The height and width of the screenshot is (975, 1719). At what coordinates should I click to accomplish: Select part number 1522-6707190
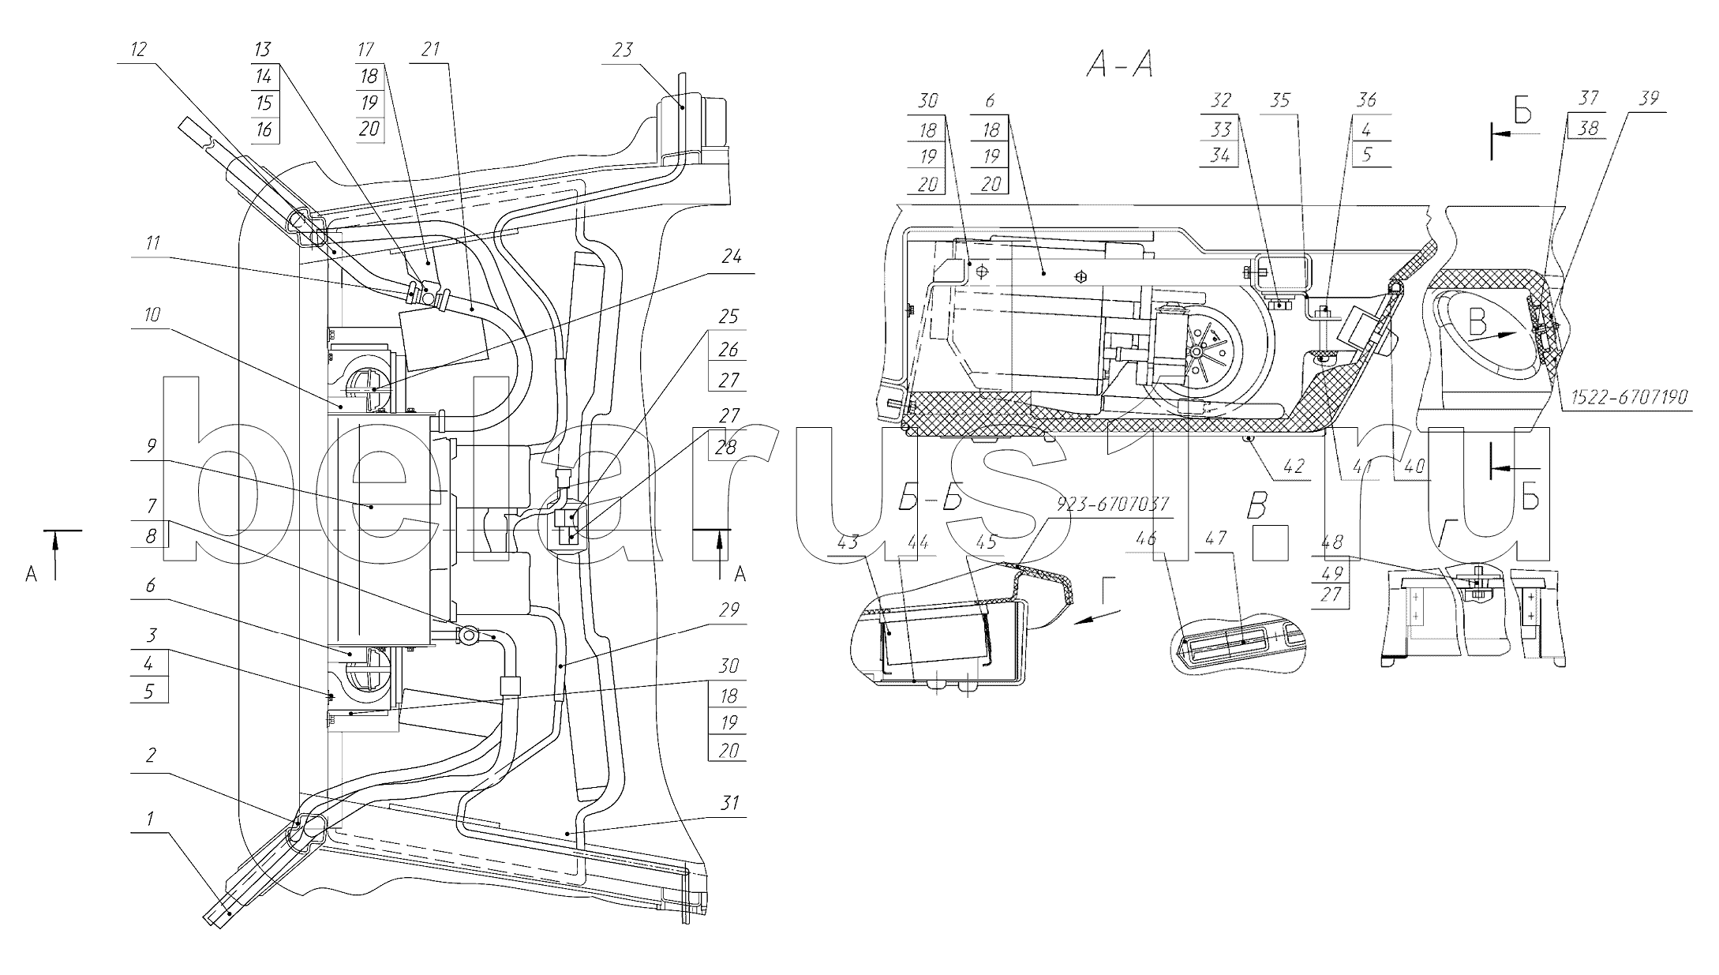(1628, 397)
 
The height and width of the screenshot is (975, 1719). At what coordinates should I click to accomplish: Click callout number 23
(623, 51)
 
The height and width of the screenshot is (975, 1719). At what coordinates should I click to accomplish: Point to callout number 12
(138, 50)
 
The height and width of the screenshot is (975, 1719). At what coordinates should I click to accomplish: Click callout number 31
(731, 803)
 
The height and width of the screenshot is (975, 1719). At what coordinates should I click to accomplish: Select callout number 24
(732, 257)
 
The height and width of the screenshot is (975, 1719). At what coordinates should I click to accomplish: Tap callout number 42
(1293, 467)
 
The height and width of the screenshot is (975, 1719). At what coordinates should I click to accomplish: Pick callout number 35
(1280, 100)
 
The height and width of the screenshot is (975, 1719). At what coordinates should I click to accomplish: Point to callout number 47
(1216, 538)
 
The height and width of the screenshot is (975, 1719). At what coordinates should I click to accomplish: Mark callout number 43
(846, 544)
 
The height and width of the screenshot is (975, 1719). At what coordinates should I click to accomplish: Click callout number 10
(152, 316)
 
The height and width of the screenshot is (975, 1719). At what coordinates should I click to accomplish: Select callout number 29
(729, 610)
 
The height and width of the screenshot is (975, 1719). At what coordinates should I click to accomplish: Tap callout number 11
(152, 243)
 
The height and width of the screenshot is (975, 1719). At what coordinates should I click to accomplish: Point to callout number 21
(430, 50)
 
